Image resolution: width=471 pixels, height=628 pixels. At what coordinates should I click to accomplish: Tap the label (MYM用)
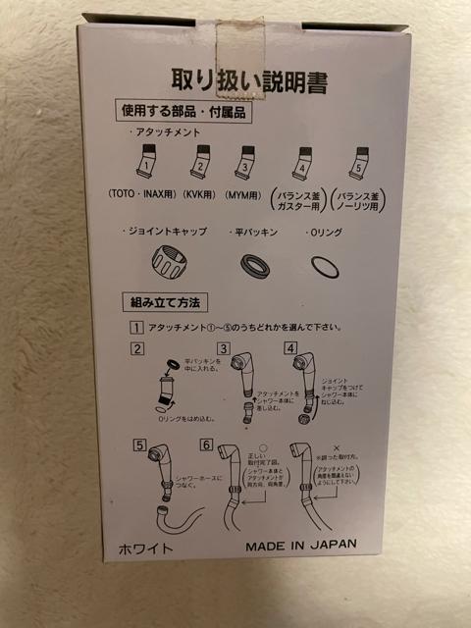[x=249, y=194]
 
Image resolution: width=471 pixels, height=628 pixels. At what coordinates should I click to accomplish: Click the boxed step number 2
[x=138, y=349]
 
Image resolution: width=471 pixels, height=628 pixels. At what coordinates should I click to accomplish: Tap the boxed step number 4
[x=290, y=348]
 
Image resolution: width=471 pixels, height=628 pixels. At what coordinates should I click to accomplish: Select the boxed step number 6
[x=206, y=445]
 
